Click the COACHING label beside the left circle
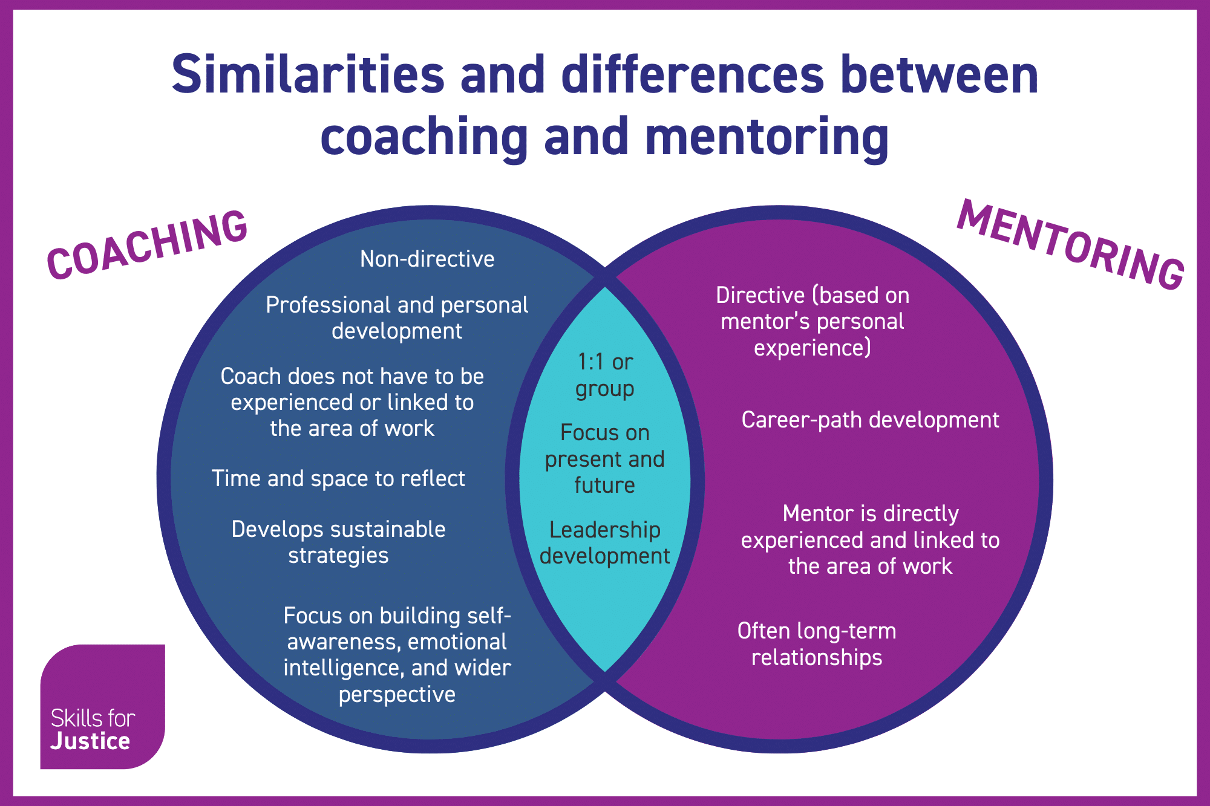tap(147, 245)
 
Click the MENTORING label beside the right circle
tap(1070, 245)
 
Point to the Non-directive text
tap(427, 259)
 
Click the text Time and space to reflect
tap(338, 479)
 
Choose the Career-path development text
tap(870, 420)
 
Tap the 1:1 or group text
tap(604, 375)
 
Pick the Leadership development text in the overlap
tap(604, 543)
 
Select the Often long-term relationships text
tap(817, 644)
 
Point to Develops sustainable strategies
tap(338, 542)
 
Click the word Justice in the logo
tap(90, 741)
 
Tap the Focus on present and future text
tap(604, 459)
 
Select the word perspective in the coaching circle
tap(397, 694)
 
